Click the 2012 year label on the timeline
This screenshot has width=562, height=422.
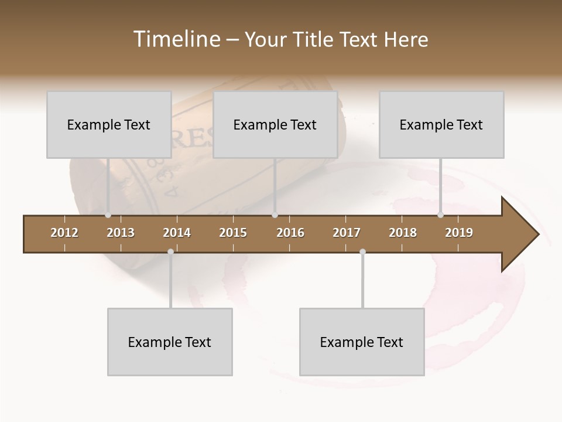pos(64,233)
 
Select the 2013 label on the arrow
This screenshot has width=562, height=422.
pos(121,233)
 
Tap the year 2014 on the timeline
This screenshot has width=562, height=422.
pos(177,233)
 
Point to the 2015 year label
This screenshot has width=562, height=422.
pos(233,233)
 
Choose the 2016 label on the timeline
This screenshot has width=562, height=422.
pos(290,233)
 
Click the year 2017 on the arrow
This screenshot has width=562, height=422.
pos(347,233)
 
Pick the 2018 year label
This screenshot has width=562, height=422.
pos(403,233)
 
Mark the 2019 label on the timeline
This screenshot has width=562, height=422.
pos(459,233)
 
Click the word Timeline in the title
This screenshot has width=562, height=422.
pos(176,39)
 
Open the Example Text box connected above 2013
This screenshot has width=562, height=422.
pos(109,125)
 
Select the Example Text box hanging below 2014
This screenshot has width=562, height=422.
pos(170,342)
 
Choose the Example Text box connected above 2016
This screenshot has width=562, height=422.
pos(275,125)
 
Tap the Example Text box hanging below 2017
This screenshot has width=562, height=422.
pos(362,342)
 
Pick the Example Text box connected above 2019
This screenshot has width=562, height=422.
pos(441,125)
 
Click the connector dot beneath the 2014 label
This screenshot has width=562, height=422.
pos(170,252)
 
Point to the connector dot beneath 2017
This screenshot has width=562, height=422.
pos(362,252)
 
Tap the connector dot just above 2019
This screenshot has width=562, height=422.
pos(440,215)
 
